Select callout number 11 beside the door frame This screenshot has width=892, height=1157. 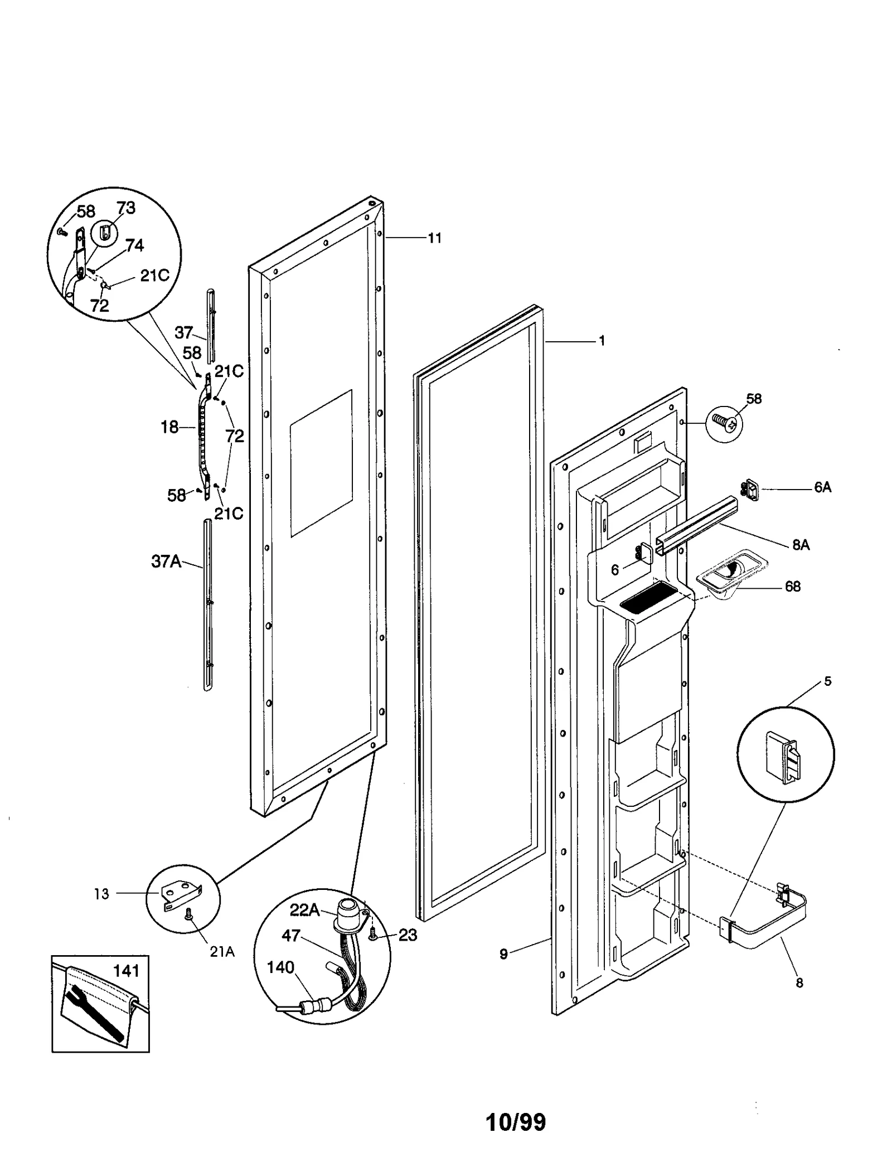(x=434, y=238)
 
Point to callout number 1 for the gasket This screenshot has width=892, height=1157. (x=602, y=341)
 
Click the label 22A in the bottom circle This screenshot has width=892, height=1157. (x=304, y=911)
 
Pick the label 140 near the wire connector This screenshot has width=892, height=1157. (x=280, y=967)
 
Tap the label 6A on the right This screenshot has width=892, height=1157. (x=822, y=487)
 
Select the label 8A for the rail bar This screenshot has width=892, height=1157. (x=801, y=545)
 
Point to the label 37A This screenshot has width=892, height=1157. (x=166, y=561)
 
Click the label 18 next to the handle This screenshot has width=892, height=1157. (x=169, y=427)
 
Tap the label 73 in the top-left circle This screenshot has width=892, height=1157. (x=126, y=208)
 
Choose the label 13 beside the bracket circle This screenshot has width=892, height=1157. (x=101, y=894)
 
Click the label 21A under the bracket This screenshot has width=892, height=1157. (x=222, y=952)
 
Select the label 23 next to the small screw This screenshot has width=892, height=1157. (x=408, y=935)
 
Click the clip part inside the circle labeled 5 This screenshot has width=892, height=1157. (x=784, y=757)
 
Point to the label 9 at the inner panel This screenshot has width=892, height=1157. (x=503, y=954)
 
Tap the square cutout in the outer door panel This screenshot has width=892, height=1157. (x=321, y=463)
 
